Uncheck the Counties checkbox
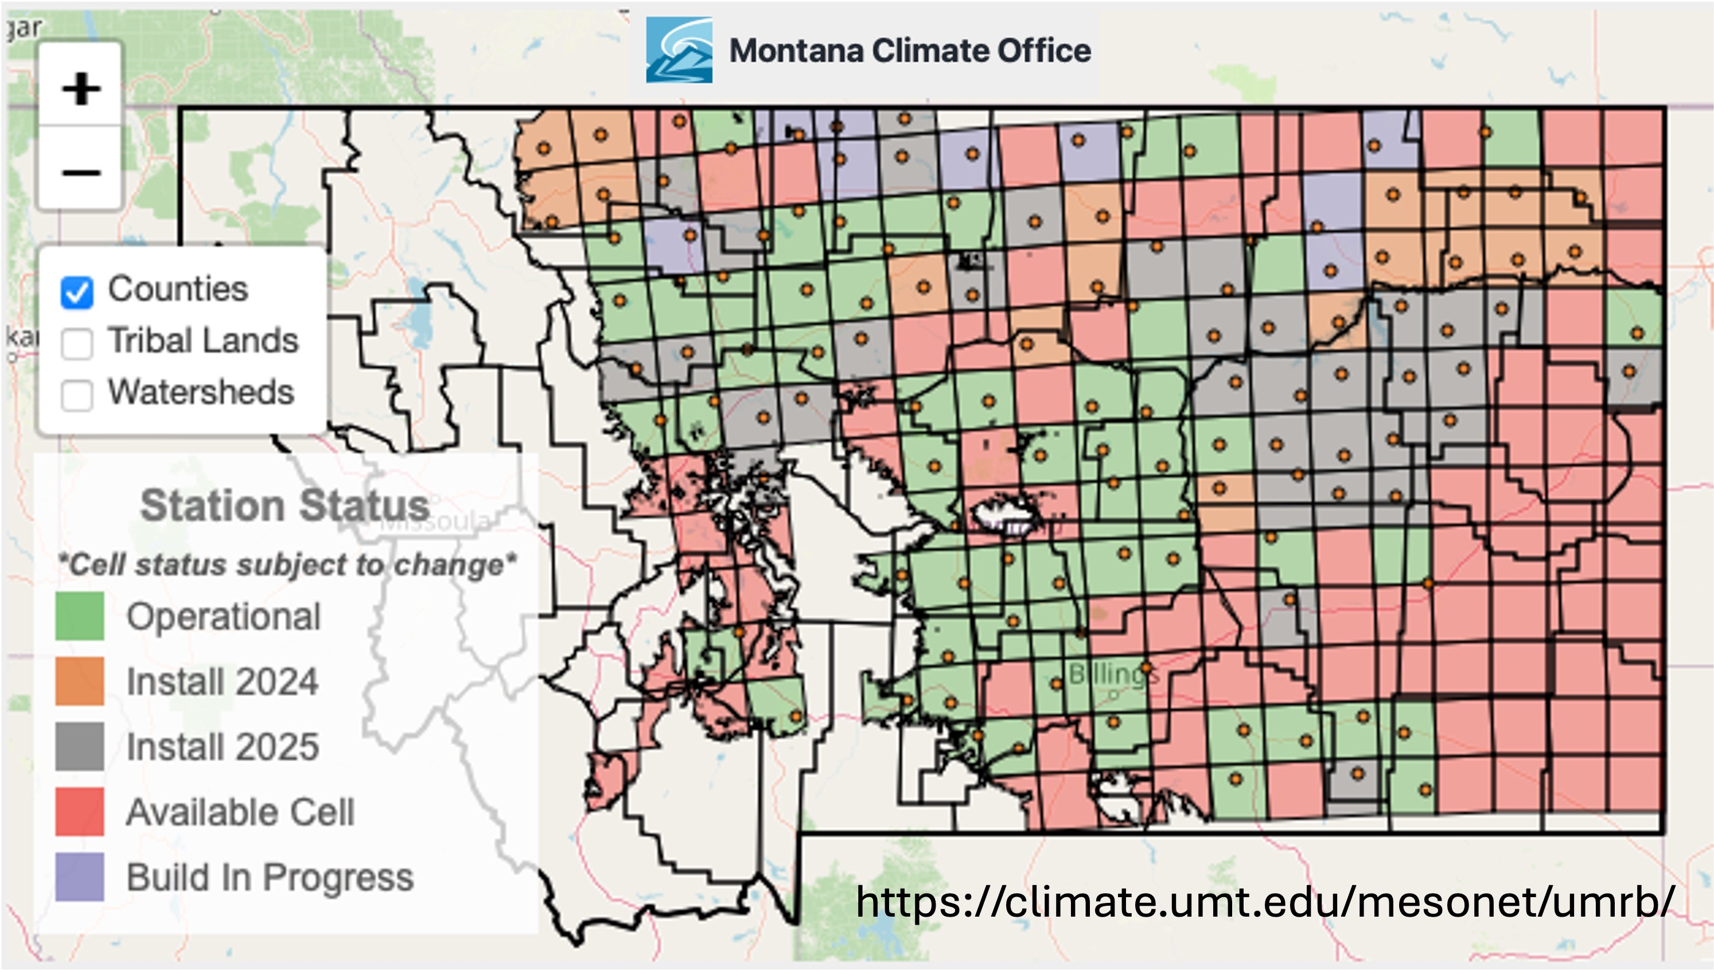click(x=77, y=292)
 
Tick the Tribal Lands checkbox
click(x=77, y=343)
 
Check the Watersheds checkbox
click(x=77, y=395)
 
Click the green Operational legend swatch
click(x=79, y=616)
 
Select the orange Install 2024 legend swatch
click(x=79, y=681)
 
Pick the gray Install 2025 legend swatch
click(x=79, y=746)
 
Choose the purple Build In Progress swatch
click(x=79, y=876)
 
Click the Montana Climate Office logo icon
click(x=679, y=50)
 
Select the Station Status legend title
click(x=285, y=506)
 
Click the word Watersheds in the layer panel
click(x=201, y=392)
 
